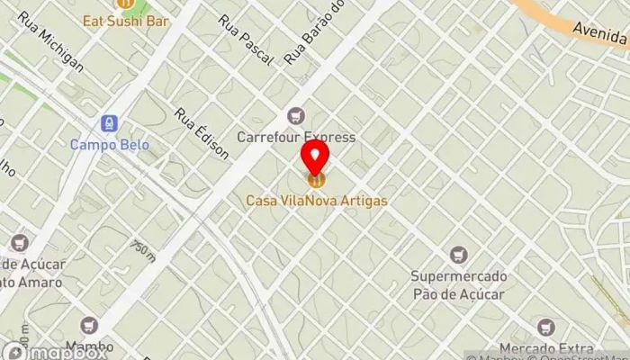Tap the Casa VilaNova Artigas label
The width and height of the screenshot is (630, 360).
pyautogui.click(x=317, y=201)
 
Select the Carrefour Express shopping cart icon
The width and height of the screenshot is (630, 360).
pyautogui.click(x=296, y=116)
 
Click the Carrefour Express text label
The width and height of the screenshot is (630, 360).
pyautogui.click(x=296, y=138)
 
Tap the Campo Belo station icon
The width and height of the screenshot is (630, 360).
pyautogui.click(x=110, y=122)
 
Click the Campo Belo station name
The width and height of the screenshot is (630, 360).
pyautogui.click(x=110, y=144)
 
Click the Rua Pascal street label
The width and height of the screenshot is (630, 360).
pyautogui.click(x=244, y=39)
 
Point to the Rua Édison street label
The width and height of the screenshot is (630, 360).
pyautogui.click(x=202, y=133)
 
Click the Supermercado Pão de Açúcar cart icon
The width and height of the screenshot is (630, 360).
pyautogui.click(x=458, y=255)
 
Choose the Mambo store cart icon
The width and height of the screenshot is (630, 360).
pyautogui.click(x=88, y=325)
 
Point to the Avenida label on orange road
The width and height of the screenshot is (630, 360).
pyautogui.click(x=601, y=34)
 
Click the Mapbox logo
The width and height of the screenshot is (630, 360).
pyautogui.click(x=54, y=352)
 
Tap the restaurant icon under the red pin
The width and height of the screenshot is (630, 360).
pyautogui.click(x=315, y=180)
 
